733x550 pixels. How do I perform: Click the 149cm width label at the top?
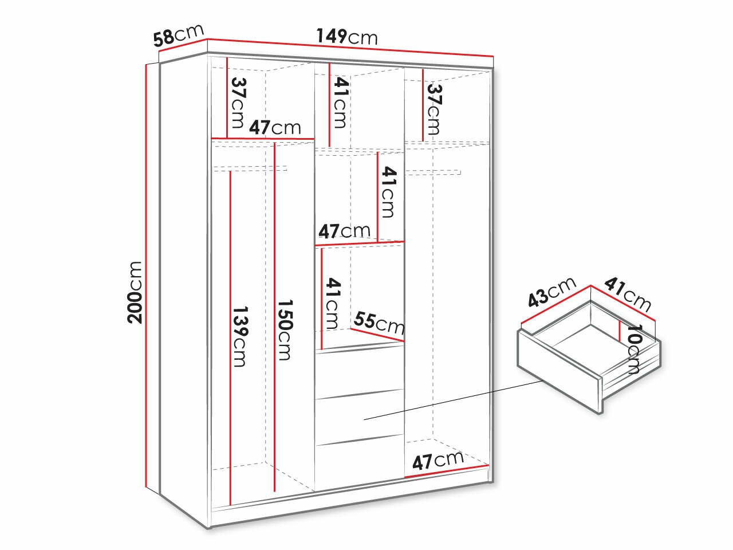(347, 37)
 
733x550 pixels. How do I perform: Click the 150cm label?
(285, 329)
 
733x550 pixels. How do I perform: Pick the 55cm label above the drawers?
(379, 323)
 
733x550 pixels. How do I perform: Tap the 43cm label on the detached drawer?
(551, 292)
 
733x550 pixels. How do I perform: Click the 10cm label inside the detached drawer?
(635, 349)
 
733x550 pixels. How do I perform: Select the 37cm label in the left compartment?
(238, 103)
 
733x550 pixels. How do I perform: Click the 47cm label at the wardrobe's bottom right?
(438, 460)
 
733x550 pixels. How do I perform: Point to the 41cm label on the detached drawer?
(628, 294)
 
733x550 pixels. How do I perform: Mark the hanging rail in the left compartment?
(250, 168)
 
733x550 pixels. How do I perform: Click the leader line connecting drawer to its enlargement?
(452, 398)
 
